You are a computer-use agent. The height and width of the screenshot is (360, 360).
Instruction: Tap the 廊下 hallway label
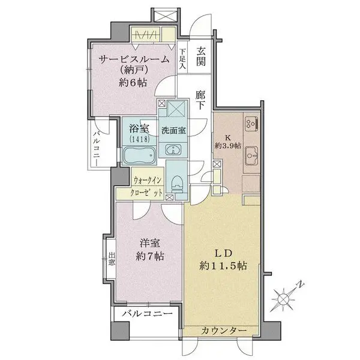point(200,100)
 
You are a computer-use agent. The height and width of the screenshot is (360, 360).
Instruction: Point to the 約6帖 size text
point(133,83)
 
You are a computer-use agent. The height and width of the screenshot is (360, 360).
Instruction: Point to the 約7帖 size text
point(149,257)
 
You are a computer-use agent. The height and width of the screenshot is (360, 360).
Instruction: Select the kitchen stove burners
point(250,124)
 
